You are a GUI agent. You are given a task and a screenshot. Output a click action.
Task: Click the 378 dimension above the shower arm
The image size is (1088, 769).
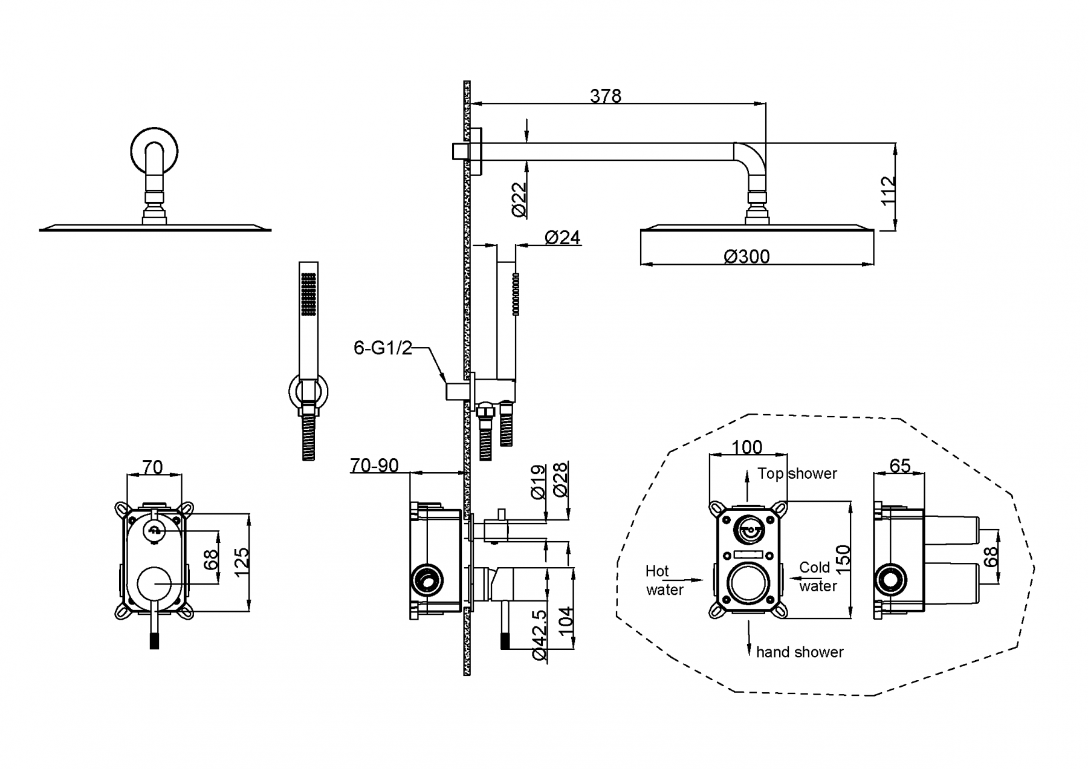click(x=605, y=96)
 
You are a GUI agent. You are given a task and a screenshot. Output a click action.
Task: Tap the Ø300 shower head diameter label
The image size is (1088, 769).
click(x=746, y=257)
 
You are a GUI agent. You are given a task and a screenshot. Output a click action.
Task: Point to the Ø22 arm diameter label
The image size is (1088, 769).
click(x=519, y=199)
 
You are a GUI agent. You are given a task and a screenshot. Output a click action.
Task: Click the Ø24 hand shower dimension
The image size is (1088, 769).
click(x=562, y=238)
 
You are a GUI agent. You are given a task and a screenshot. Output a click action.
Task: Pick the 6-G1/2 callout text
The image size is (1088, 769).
click(x=383, y=348)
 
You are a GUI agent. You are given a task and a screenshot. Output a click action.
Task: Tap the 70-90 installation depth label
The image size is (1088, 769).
click(x=374, y=466)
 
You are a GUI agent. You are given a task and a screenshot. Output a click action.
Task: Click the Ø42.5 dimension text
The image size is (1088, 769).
click(x=539, y=635)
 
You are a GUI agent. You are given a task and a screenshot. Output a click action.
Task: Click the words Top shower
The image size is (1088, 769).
click(x=797, y=473)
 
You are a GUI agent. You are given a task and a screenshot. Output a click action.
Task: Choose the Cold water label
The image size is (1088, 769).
click(x=817, y=577)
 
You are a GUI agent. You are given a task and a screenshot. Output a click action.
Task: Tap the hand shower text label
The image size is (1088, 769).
click(x=799, y=652)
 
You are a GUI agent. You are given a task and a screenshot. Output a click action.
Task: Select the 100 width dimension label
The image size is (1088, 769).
click(x=746, y=447)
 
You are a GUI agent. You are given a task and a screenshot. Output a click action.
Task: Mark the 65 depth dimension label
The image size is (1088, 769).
click(x=899, y=466)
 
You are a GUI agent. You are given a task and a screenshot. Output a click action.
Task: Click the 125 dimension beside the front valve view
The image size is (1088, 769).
click(x=241, y=562)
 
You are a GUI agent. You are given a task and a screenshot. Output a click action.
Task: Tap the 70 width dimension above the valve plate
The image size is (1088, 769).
click(x=152, y=467)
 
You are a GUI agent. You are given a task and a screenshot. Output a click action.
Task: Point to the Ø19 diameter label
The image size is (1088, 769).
click(x=539, y=482)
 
